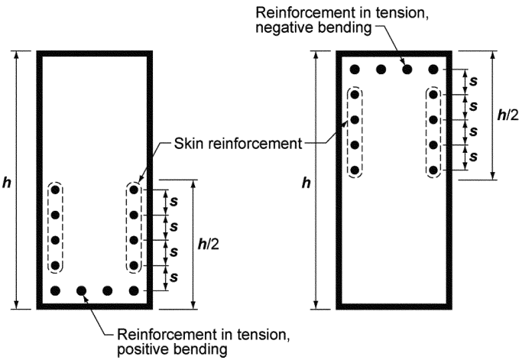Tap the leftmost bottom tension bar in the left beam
(55, 290)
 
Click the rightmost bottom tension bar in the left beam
(135, 290)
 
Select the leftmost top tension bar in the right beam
(355, 70)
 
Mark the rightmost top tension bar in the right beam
(433, 70)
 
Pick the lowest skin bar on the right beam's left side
(355, 170)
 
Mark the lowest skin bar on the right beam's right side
(433, 170)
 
